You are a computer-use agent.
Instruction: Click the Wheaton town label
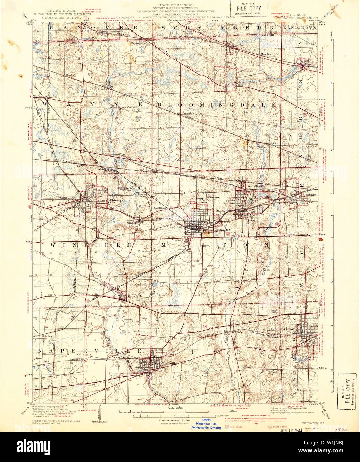coord(222,230)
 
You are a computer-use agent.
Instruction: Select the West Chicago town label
coord(112,200)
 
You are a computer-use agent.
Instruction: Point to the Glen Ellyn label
coord(263,197)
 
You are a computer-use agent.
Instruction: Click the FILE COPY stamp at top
coord(249,8)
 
